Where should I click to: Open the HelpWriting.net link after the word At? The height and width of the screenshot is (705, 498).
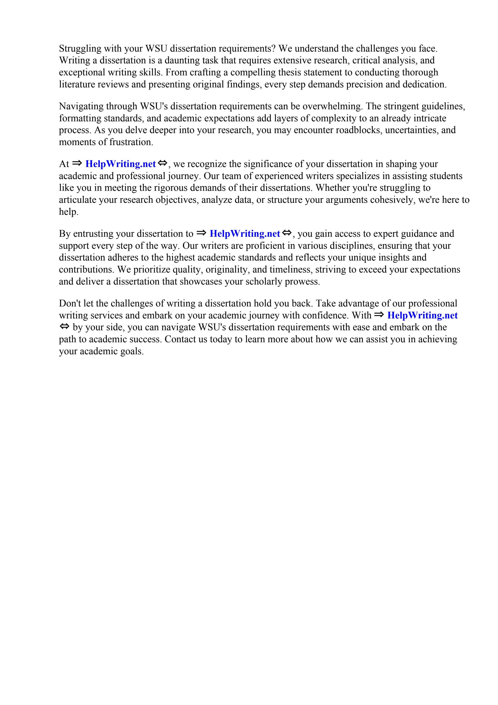click(121, 164)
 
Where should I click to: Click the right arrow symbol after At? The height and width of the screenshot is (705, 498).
click(77, 163)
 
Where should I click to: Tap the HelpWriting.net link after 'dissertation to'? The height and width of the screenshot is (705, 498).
click(245, 234)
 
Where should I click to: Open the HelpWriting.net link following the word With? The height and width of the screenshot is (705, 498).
click(422, 315)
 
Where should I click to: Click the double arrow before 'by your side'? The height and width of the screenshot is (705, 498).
click(65, 327)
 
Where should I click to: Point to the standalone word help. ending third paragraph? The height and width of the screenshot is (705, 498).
click(69, 212)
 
